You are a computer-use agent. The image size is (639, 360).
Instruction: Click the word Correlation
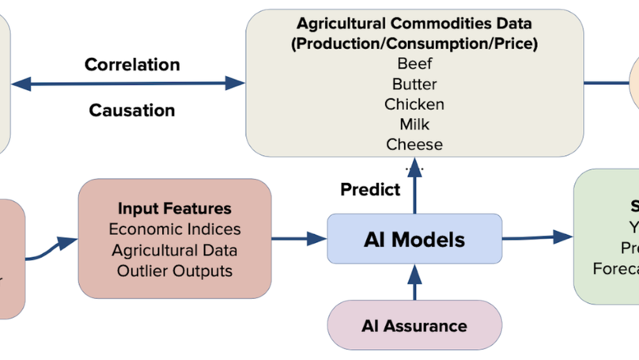point(132,64)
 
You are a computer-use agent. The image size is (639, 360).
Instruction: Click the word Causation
point(132,110)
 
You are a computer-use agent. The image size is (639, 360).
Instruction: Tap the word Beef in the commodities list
point(414,64)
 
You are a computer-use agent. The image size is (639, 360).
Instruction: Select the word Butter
point(414,84)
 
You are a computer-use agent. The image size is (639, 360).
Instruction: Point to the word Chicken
point(414,104)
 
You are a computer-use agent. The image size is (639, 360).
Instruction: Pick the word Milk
point(414,124)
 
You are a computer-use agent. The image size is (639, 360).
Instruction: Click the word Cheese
point(414,144)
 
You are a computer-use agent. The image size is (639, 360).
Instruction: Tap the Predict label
point(370,190)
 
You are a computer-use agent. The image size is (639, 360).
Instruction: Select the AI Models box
point(414,238)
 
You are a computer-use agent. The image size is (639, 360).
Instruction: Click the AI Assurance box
point(414,325)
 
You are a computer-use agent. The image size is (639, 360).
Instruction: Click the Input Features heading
point(175,209)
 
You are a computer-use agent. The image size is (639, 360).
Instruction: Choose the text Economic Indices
point(175,229)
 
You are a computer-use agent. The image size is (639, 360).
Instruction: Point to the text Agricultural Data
point(175,250)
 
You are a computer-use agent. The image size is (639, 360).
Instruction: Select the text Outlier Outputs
point(175,271)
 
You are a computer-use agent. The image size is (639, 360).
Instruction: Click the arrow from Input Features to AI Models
point(299,238)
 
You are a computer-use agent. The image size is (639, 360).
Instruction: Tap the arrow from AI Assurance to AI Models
point(414,282)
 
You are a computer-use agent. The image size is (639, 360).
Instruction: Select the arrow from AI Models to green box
point(538,237)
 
